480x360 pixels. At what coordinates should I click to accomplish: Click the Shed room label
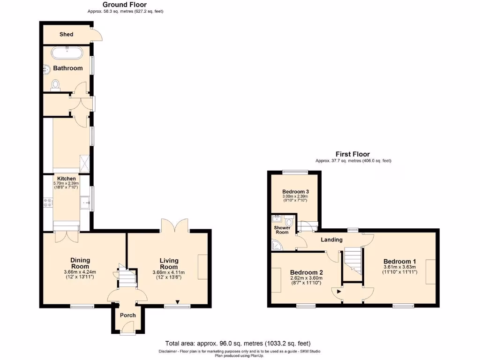66,34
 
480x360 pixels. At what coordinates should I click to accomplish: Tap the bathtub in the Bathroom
67,52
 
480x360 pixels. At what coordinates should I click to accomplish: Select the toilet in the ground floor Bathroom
56,85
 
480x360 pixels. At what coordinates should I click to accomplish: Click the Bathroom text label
67,68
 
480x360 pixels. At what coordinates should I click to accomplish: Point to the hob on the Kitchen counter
48,202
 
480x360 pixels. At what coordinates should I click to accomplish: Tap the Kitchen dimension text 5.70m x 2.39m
66,184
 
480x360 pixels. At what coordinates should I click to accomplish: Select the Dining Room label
80,263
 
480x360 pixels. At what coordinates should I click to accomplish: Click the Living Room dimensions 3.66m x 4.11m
169,273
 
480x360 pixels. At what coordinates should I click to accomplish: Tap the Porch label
127,315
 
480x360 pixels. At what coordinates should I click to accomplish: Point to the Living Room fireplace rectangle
202,267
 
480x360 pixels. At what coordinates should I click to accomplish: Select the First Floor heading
352,154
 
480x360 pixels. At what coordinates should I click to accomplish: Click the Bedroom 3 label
295,192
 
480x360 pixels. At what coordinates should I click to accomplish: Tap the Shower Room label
282,230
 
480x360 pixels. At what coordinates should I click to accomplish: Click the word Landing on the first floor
331,240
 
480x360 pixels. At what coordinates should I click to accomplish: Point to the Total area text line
238,343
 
